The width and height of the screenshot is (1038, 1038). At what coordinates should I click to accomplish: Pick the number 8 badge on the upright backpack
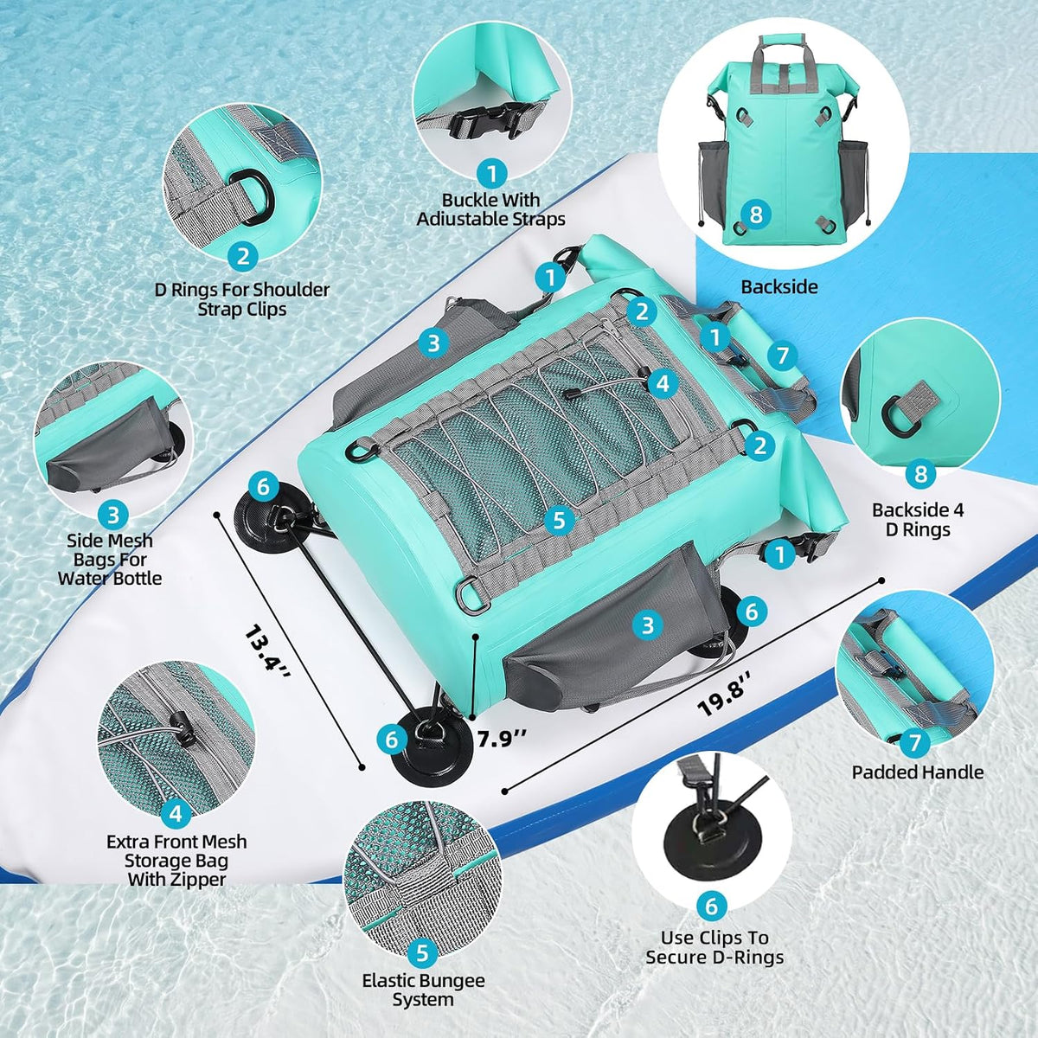coord(756,215)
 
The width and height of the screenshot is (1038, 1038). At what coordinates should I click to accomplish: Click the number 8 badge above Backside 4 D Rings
coord(920,474)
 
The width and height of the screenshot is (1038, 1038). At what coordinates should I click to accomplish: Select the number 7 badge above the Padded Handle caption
coord(914,743)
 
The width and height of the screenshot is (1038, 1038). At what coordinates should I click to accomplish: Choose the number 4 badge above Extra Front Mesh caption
coord(176,815)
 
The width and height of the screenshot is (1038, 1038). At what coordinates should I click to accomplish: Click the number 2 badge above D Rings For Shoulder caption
coord(242,256)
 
